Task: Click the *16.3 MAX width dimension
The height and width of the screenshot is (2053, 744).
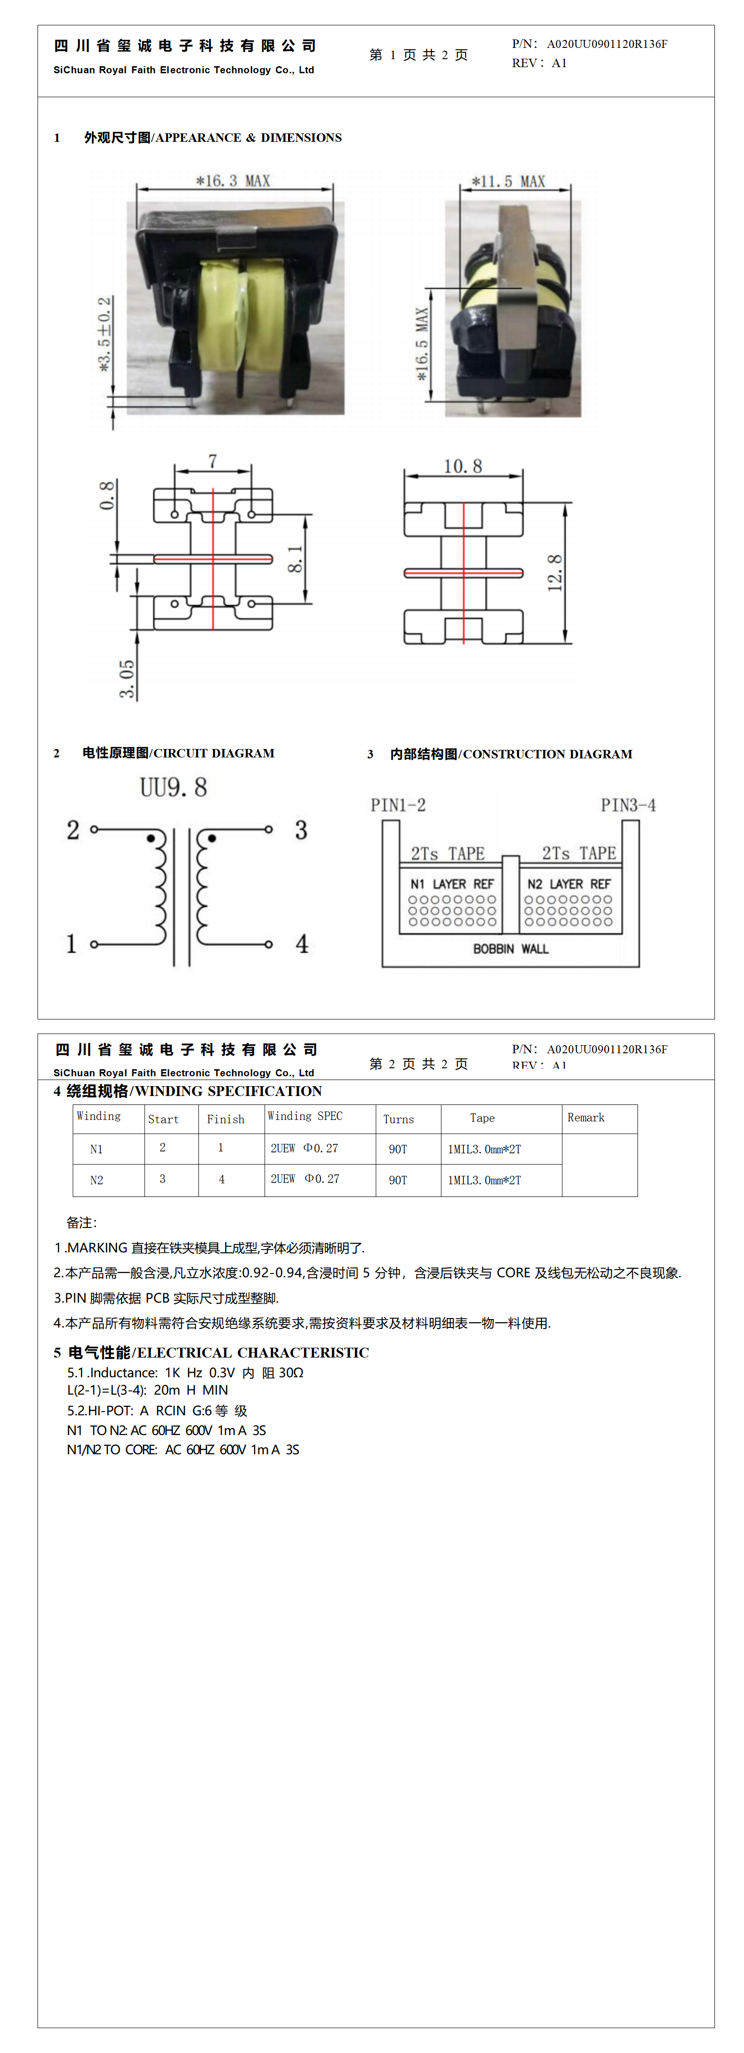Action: click(x=234, y=181)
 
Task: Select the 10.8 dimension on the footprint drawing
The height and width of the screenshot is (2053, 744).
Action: click(x=463, y=466)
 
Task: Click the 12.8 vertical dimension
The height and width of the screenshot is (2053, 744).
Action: click(x=555, y=572)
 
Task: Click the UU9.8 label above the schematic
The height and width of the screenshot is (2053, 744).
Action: click(x=174, y=787)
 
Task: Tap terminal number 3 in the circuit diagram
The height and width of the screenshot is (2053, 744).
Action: click(x=301, y=830)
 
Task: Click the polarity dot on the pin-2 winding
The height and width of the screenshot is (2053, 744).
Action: click(x=151, y=838)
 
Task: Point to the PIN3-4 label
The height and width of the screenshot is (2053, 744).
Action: click(x=628, y=805)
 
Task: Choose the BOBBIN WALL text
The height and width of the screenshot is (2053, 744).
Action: click(x=510, y=949)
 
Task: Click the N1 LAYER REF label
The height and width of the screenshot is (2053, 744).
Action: click(x=452, y=884)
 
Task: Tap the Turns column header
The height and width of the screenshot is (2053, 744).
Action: click(x=398, y=1119)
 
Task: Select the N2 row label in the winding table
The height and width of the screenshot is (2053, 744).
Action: click(x=96, y=1180)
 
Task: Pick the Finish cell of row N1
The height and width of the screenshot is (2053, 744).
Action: click(x=220, y=1148)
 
